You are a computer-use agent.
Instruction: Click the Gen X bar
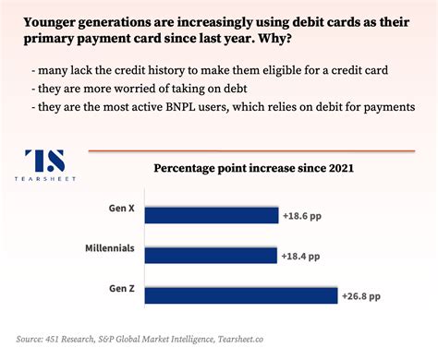[199, 215]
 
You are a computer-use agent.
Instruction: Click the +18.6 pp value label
[301, 215]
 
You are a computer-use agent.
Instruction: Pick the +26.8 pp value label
[361, 296]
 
